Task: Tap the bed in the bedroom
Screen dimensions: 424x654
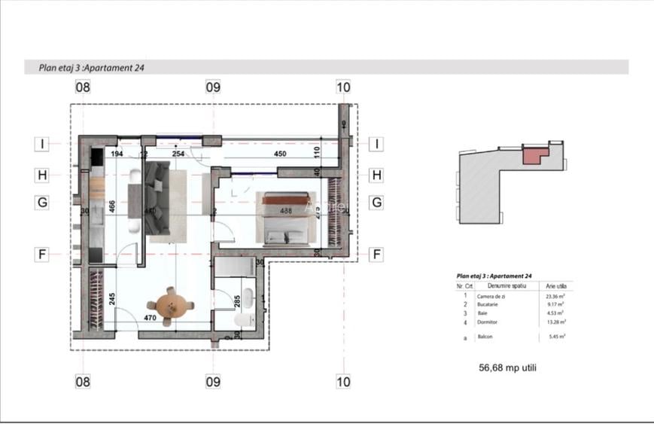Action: [285, 218]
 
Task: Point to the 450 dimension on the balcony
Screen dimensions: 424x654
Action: [279, 154]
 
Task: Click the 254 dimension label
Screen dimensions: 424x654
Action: [178, 154]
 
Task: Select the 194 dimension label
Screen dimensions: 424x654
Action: [117, 154]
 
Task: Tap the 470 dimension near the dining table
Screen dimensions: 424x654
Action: [151, 319]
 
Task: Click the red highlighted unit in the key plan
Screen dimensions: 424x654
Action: [532, 154]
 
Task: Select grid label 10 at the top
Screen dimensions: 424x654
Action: [343, 87]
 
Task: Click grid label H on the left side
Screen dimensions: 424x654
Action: [43, 175]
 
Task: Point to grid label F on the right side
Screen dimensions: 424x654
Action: [376, 255]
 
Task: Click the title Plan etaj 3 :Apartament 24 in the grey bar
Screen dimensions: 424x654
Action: [92, 67]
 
